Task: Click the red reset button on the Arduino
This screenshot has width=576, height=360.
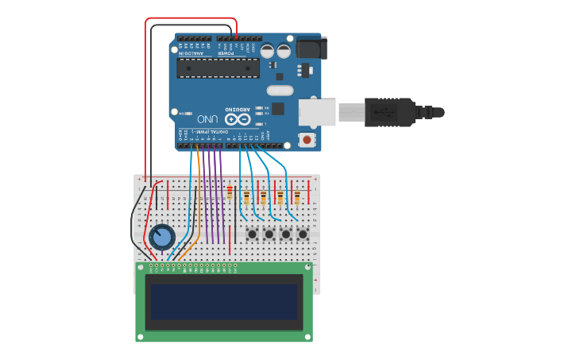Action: click(x=307, y=140)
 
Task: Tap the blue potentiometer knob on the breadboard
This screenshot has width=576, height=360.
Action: click(x=161, y=237)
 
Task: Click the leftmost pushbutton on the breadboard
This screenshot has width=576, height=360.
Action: click(x=252, y=234)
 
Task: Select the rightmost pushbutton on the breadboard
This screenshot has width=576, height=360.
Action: click(x=303, y=234)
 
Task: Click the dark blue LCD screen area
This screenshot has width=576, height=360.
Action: click(x=223, y=302)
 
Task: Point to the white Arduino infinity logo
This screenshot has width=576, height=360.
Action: click(x=243, y=119)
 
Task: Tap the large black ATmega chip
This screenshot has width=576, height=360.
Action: click(x=218, y=68)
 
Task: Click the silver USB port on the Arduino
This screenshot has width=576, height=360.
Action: click(x=316, y=112)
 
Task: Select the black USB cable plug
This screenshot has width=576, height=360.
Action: click(x=389, y=112)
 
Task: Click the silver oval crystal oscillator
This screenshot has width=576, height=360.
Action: click(x=280, y=90)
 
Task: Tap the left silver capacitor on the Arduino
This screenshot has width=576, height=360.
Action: click(x=267, y=52)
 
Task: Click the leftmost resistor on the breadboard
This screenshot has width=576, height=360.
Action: click(x=230, y=193)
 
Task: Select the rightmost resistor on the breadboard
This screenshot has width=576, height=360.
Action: click(x=297, y=197)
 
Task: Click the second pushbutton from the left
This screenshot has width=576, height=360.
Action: click(x=269, y=234)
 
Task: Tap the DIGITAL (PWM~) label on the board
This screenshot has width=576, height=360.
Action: click(x=208, y=132)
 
